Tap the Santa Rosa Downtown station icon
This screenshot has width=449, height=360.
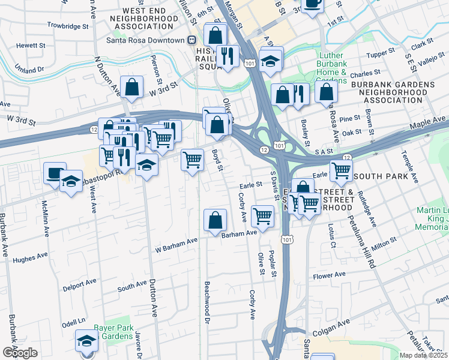pos(191,40)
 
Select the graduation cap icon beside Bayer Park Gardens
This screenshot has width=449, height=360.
pos(86,341)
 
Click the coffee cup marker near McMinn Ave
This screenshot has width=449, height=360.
pos(55,172)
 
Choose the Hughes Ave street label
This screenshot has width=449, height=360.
pos(30,256)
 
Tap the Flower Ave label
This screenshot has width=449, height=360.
pos(329,275)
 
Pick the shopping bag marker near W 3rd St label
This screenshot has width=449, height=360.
pos(131,87)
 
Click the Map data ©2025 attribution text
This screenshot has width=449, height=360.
pos(424,355)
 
